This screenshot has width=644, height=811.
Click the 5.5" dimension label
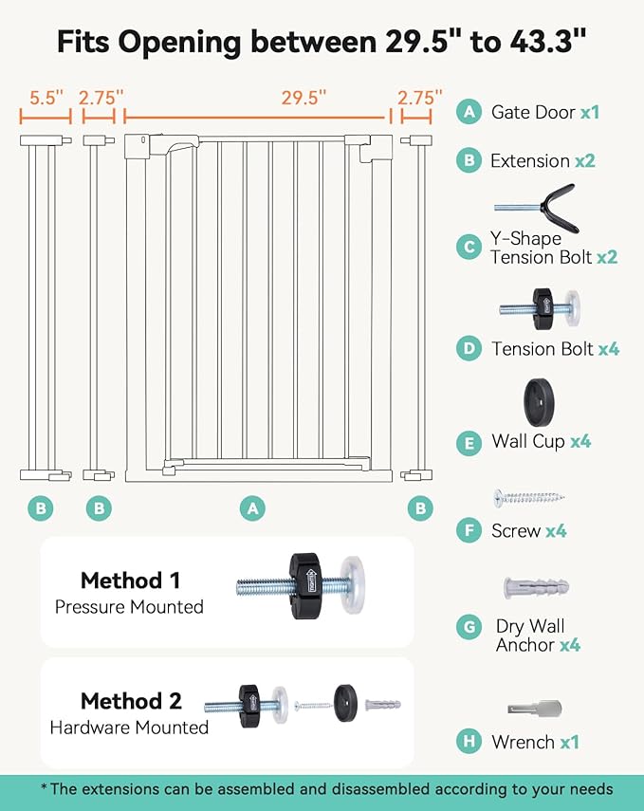[x=46, y=98]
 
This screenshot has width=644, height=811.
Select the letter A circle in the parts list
[x=468, y=112]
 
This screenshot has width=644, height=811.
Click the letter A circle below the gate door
[x=251, y=508]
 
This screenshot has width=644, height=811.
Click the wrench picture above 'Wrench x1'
[x=535, y=709]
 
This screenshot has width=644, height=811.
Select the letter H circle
[x=468, y=742]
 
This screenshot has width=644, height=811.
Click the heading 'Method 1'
[x=130, y=580]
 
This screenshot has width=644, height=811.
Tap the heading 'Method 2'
[x=130, y=701]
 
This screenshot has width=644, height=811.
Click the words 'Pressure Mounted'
[x=129, y=606]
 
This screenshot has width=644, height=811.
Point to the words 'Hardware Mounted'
[x=129, y=728]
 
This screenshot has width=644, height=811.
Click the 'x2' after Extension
[x=585, y=161]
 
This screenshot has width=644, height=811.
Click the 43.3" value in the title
[x=543, y=42]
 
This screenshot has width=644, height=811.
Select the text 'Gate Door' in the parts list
[x=533, y=112]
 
